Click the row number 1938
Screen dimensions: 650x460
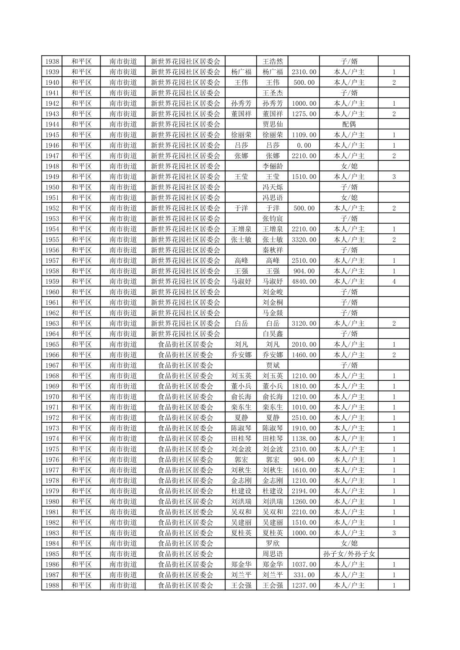click(52, 61)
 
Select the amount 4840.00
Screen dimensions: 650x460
click(304, 282)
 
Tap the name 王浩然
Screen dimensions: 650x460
click(273, 61)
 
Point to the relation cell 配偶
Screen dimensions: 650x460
click(349, 124)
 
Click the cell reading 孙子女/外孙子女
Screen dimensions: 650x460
click(349, 554)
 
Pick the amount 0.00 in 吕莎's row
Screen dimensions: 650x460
click(304, 145)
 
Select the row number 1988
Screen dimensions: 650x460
click(52, 585)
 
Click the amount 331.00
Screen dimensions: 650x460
click(304, 575)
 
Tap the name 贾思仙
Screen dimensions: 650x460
click(273, 124)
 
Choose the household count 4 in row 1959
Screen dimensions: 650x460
click(394, 282)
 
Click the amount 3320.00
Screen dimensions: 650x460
click(304, 240)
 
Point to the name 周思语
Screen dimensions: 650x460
click(273, 554)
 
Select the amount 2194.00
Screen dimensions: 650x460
click(304, 491)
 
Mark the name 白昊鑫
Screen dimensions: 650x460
click(273, 334)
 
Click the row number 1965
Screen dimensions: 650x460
click(52, 344)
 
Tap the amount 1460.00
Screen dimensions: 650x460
click(304, 355)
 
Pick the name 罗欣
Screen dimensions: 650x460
click(273, 543)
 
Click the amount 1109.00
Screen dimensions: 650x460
click(304, 135)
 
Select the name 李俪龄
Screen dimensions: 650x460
click(273, 166)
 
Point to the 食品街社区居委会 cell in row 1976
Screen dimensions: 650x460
click(185, 460)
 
